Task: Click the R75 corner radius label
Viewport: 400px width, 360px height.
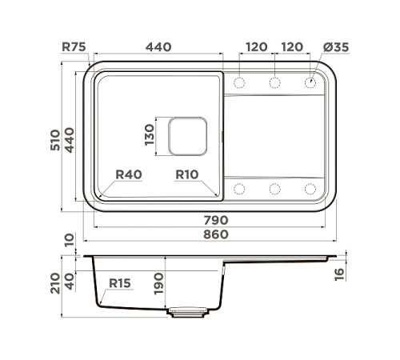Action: pos(75,47)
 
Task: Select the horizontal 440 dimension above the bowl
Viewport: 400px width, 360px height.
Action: pos(158,47)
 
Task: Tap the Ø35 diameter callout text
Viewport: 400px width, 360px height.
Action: pos(337,47)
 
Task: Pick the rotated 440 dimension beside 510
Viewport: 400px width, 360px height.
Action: pos(70,139)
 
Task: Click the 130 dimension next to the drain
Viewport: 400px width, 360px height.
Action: pos(150,136)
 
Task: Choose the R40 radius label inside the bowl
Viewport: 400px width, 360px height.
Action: pos(128,174)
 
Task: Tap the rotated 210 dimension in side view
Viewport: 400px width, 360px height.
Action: pos(55,282)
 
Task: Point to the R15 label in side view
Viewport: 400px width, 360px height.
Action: pos(120,283)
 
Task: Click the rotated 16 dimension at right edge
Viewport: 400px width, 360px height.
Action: pos(338,274)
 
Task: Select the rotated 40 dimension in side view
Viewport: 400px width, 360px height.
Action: pos(70,281)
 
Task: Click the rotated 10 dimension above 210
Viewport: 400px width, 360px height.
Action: pos(70,239)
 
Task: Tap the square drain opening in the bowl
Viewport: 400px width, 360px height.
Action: pos(187,136)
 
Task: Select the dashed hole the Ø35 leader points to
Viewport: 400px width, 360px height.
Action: pos(310,82)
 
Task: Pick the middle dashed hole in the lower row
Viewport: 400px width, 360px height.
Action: pos(274,189)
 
